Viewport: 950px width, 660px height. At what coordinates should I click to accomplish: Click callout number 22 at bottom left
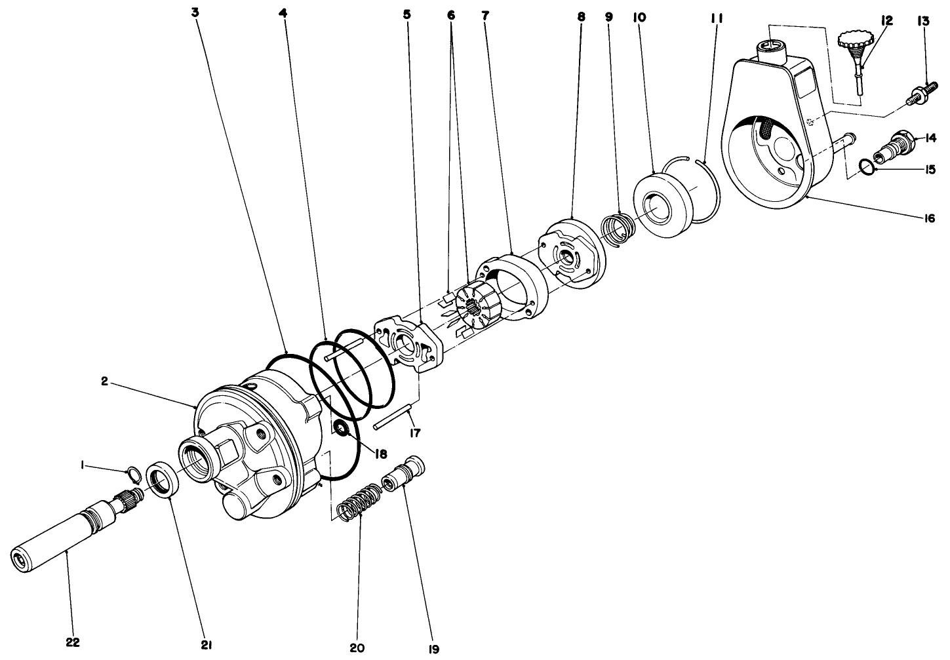73,642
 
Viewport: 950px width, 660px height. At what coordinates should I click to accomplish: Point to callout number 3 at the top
195,12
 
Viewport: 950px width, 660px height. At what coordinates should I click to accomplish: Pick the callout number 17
415,433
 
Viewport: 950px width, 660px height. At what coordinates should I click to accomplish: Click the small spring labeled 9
618,229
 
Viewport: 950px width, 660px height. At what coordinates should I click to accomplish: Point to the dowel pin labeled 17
392,419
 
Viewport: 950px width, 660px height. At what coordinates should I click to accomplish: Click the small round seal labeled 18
340,429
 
